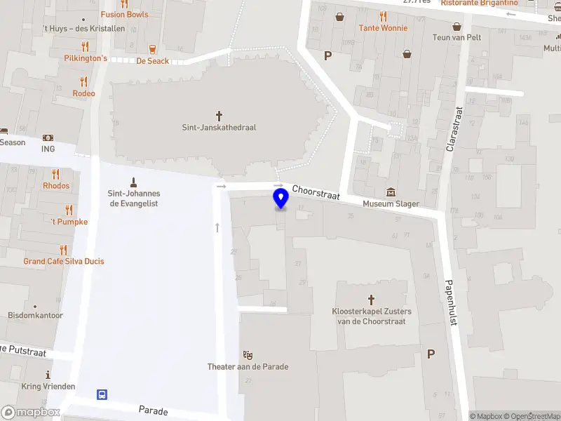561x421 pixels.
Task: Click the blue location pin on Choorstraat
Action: point(281,199)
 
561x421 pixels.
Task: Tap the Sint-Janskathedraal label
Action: point(219,128)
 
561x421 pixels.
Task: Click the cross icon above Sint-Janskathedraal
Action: point(219,114)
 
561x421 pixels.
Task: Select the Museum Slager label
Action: point(391,204)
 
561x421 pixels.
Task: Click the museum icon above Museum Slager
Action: point(391,192)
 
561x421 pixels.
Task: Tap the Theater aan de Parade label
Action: point(248,366)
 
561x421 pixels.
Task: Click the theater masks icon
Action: point(248,354)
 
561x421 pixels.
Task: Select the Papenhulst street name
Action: point(451,302)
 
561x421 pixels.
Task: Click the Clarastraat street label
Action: point(454,129)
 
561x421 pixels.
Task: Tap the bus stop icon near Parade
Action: point(102,394)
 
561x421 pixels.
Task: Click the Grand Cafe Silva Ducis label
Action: point(64,261)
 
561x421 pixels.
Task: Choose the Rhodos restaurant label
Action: point(56,186)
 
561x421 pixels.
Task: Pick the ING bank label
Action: point(48,149)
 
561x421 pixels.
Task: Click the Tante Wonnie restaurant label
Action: point(383,28)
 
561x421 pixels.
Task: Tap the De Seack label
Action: point(152,61)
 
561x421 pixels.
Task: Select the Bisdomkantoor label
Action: point(35,316)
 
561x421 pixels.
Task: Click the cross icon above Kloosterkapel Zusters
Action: point(372,298)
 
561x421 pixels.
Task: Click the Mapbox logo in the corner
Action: point(31,413)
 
